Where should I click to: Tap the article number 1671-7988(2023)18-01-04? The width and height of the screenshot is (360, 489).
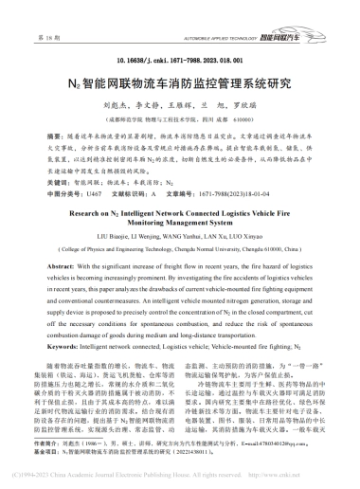pos(258,190)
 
